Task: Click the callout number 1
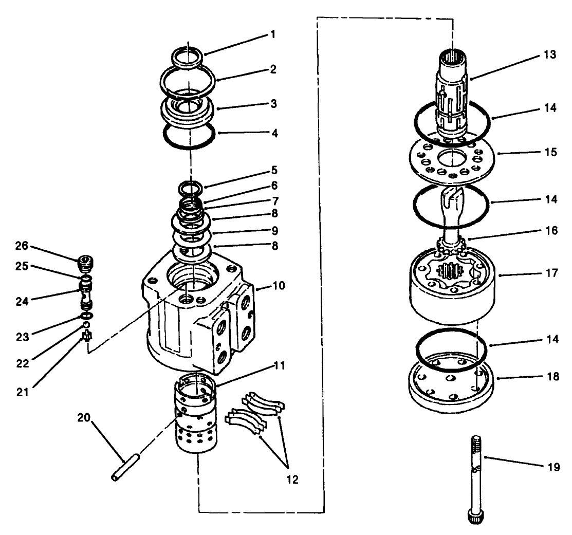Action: (273, 35)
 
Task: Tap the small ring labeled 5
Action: (191, 187)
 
